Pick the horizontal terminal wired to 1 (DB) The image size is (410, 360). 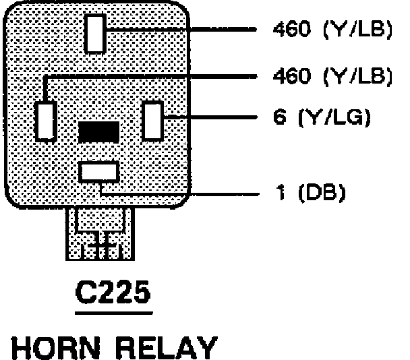click(98, 171)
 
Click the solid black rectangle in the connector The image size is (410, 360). click(98, 131)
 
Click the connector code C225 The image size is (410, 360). click(113, 294)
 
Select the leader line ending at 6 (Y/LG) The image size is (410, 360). click(216, 119)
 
